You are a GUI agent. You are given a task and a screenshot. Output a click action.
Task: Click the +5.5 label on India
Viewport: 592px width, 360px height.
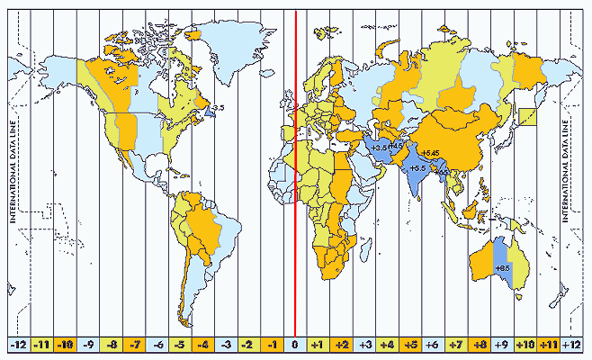pos(417,167)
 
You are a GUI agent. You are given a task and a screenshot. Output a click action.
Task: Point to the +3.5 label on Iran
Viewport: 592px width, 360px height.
pos(379,147)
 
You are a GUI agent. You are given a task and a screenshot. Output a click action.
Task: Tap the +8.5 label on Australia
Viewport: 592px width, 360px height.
pos(503,268)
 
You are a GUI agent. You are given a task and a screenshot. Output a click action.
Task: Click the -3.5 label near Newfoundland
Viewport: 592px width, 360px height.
pos(218,108)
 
